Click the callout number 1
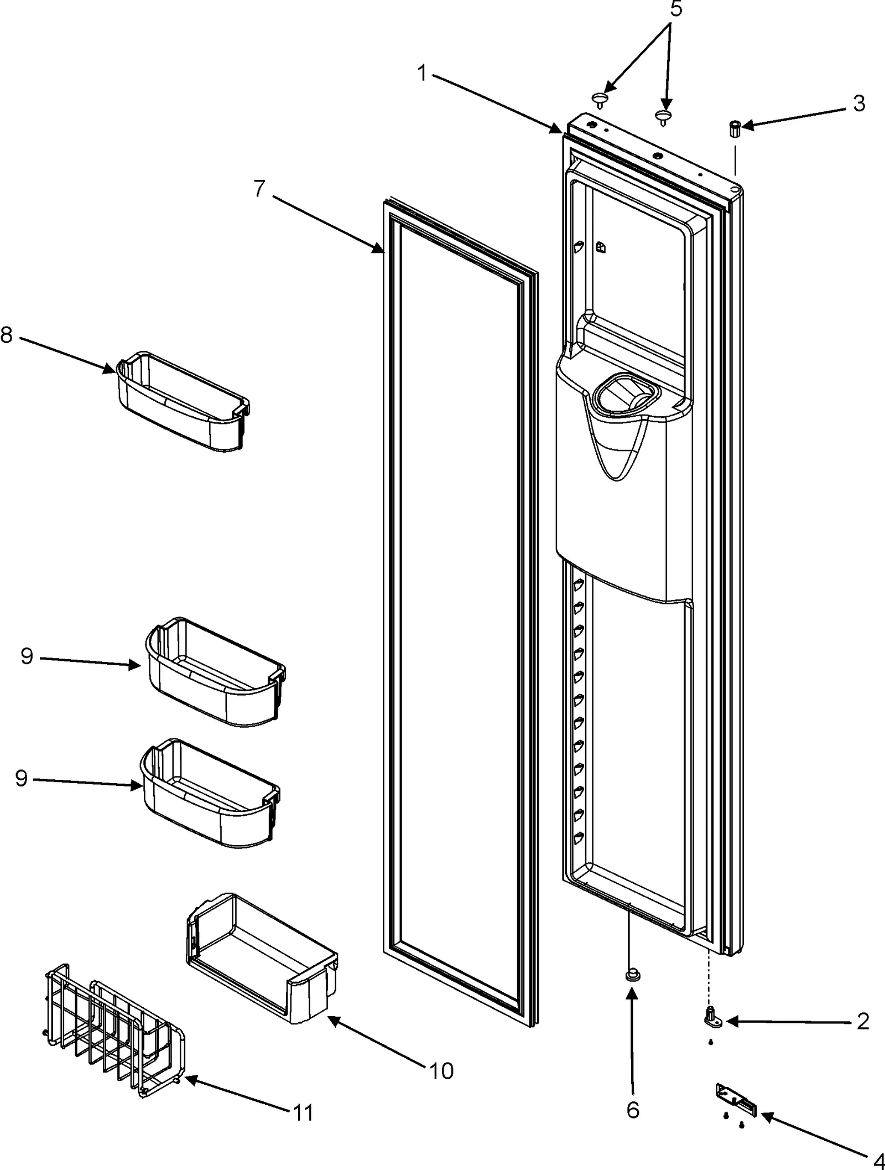click(423, 73)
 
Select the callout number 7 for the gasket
click(261, 189)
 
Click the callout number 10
click(441, 1070)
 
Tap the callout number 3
click(858, 103)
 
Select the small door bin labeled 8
click(180, 401)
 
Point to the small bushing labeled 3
click(735, 128)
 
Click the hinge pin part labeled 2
click(712, 1018)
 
